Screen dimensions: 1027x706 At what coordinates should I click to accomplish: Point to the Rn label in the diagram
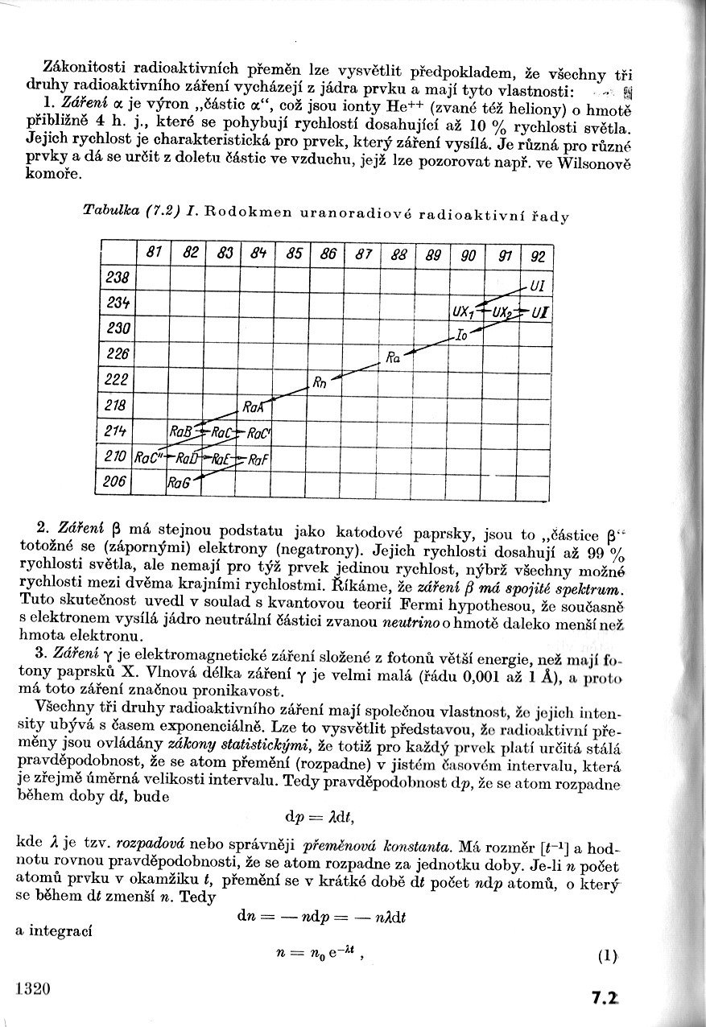pos(319,382)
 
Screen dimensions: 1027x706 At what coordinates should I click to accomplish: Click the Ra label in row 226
pos(393,357)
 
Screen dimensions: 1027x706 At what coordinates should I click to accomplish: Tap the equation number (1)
pos(607,957)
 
